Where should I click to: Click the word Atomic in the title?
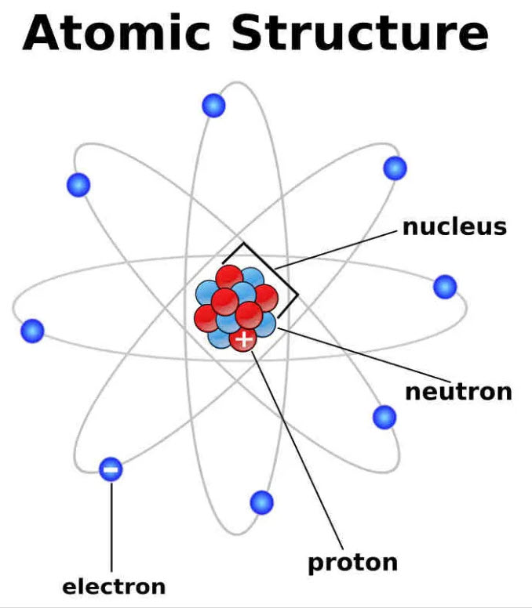click(116, 33)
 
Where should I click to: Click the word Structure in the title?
click(360, 33)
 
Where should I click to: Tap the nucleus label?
click(455, 227)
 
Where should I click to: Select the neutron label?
click(458, 392)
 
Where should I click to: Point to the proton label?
click(352, 563)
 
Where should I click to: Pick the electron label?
click(114, 587)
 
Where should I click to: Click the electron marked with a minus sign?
click(111, 469)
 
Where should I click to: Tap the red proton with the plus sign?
click(243, 339)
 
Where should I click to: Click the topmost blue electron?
click(213, 106)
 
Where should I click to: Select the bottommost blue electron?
click(262, 502)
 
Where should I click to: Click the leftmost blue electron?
click(32, 331)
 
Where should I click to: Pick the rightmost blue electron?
click(445, 287)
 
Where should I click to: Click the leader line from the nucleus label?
click(336, 250)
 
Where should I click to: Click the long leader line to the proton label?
click(297, 451)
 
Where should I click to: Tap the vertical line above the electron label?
click(111, 527)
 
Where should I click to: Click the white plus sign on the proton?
click(244, 339)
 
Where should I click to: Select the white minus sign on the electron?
click(111, 470)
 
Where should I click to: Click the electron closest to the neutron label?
click(384, 418)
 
